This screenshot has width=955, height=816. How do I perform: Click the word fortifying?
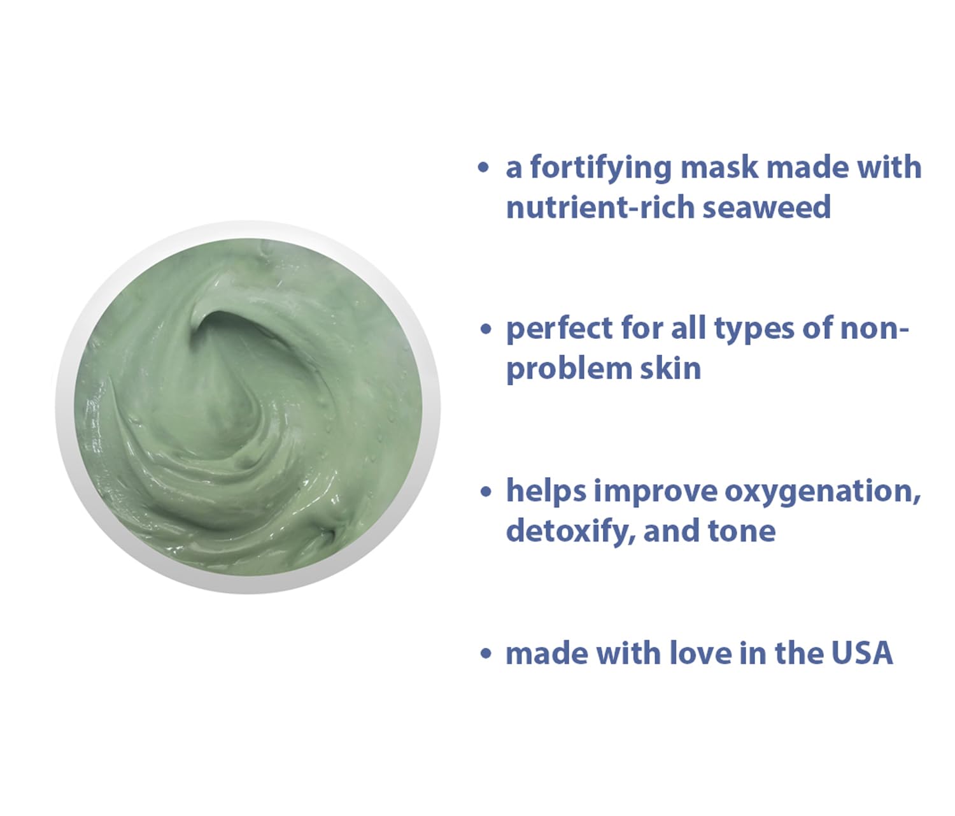[600, 168]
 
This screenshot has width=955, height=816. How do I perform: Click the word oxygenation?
[822, 491]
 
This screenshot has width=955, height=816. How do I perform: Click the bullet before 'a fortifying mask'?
[484, 168]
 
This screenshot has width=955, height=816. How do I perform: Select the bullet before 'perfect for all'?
[486, 329]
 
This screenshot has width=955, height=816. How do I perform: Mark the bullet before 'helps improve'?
[486, 491]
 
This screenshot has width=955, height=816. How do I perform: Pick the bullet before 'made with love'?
[486, 654]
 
